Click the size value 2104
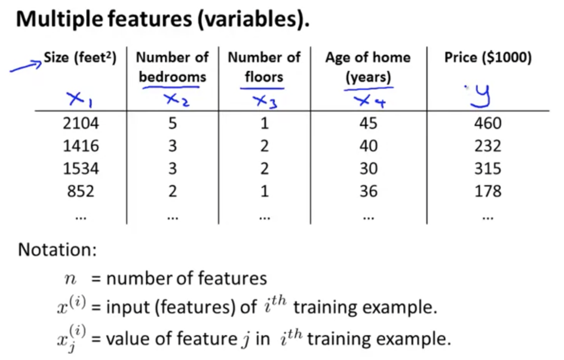coord(80,123)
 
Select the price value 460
coord(488,123)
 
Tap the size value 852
coord(80,191)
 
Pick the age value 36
coord(368,191)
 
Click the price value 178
coord(488,191)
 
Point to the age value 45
coord(368,123)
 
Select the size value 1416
coord(80,146)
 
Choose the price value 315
coord(488,168)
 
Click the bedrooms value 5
coord(172,123)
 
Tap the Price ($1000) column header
coord(488,57)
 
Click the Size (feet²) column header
coord(80,57)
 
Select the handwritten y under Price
coord(480,97)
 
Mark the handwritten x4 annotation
coord(369,102)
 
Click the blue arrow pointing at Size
coord(26,66)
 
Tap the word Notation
coord(57,250)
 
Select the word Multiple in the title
coord(59,20)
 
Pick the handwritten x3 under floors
coord(265,102)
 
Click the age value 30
coord(368,168)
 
